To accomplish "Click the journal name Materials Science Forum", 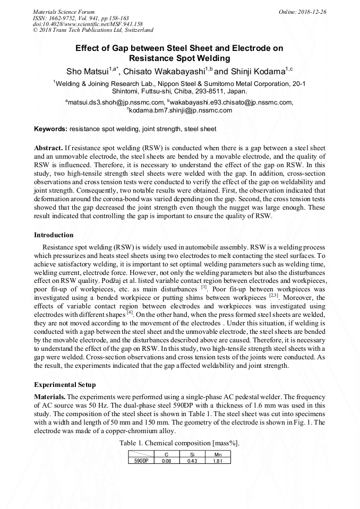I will pyautogui.click(x=64, y=12).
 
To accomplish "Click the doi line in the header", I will pyautogui.click(x=88, y=24).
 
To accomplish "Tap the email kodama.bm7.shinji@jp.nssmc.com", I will pyautogui.click(x=181, y=110).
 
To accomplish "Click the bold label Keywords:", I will pyautogui.click(x=50, y=129).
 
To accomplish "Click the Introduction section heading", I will pyautogui.click(x=54, y=235).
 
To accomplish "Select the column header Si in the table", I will pyautogui.click(x=192, y=455).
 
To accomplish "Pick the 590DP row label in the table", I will pyautogui.click(x=141, y=461).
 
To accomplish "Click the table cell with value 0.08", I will pyautogui.click(x=166, y=461).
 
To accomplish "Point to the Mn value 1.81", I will pyautogui.click(x=217, y=461).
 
